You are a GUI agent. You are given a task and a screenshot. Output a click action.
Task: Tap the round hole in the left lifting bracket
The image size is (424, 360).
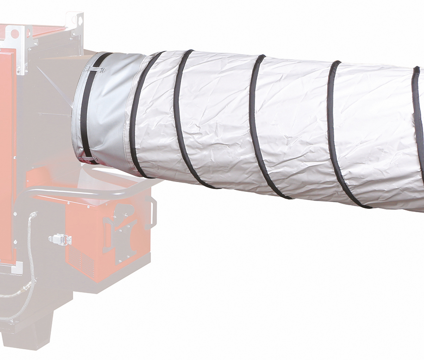(x=15, y=34)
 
